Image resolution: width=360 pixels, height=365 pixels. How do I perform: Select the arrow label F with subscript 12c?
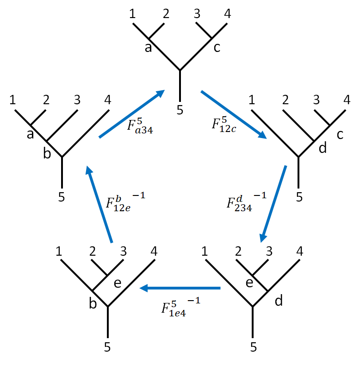point(223,126)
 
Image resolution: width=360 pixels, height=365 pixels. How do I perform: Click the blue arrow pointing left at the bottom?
point(180,288)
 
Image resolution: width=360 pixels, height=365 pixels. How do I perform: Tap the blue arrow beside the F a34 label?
point(132,113)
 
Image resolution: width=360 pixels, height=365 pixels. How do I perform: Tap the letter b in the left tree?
point(46,153)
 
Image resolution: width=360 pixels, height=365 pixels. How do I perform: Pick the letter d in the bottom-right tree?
point(279,301)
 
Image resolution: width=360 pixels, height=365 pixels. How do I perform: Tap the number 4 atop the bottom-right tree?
point(299,252)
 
